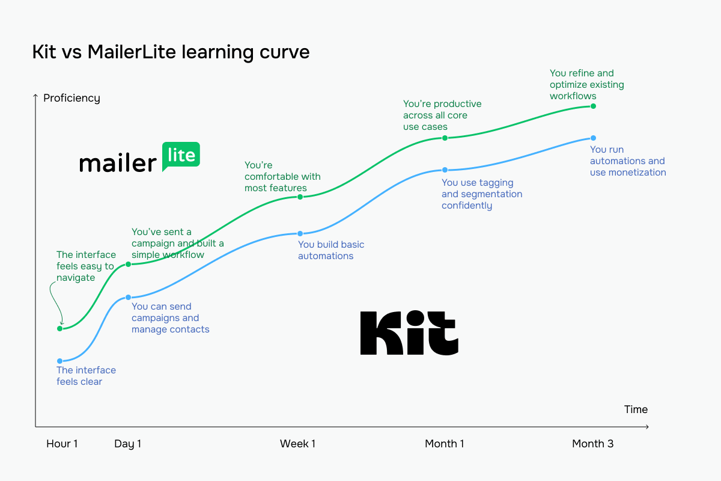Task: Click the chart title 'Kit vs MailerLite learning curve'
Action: [x=171, y=52]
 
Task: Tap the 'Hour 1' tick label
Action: [x=62, y=444]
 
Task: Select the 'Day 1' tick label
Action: [x=127, y=444]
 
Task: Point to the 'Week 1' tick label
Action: [x=297, y=444]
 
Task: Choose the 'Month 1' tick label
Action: [x=444, y=444]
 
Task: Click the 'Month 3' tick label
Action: [x=592, y=444]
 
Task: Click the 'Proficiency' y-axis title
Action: [x=71, y=98]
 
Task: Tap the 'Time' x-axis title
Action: [x=636, y=409]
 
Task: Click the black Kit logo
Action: [x=409, y=332]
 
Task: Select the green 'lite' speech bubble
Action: [x=181, y=156]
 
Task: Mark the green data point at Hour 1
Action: [x=59, y=329]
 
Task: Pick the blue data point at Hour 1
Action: [x=59, y=361]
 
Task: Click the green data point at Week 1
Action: [x=300, y=197]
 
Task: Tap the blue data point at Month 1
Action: [x=445, y=170]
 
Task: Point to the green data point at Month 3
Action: [x=593, y=106]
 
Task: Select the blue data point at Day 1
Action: [x=128, y=298]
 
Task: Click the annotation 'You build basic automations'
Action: [x=331, y=250]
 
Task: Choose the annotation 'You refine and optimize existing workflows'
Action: [x=586, y=85]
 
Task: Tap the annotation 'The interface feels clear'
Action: [x=86, y=376]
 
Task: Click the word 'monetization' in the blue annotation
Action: [x=636, y=173]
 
